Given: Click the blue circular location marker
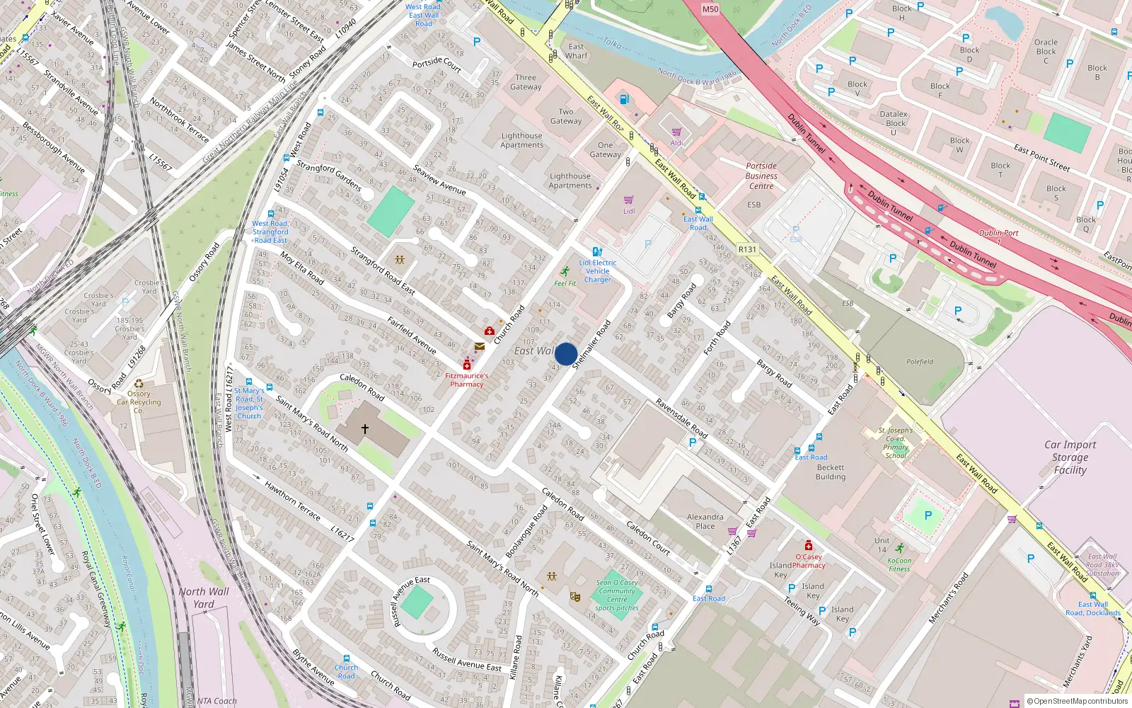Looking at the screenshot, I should click(566, 353).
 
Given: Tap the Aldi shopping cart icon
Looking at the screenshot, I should click(676, 132).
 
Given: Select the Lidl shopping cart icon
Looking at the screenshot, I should click(628, 200).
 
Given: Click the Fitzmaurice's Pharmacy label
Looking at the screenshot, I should click(467, 380).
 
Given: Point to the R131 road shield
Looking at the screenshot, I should click(747, 249).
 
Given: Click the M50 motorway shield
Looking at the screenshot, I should click(710, 9).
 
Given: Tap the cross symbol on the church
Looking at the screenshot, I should click(365, 429).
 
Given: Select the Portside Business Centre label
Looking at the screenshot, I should click(761, 176).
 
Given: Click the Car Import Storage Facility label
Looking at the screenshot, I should click(1070, 457).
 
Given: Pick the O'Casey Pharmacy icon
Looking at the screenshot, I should click(809, 545).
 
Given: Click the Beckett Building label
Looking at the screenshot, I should click(831, 472).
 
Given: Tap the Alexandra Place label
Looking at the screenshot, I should click(705, 521).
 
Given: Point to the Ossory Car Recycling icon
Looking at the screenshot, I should click(139, 384).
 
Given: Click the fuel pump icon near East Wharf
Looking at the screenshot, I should click(624, 99).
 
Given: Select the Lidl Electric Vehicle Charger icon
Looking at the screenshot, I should click(597, 252).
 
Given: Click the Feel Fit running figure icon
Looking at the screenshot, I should click(565, 272).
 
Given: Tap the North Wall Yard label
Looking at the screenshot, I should click(204, 598).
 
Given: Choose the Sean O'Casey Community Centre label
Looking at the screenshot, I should click(617, 595).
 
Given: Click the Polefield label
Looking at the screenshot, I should click(920, 362).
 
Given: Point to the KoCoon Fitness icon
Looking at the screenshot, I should click(899, 549).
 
